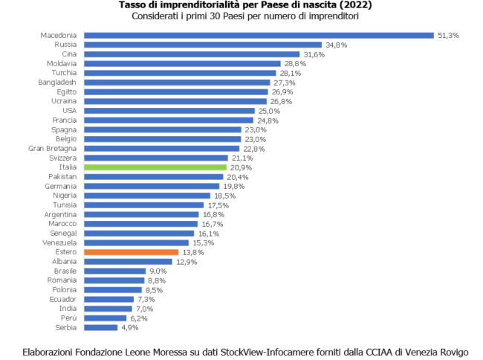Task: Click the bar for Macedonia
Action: tap(259, 35)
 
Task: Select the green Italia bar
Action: tap(155, 167)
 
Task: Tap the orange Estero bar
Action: tap(131, 252)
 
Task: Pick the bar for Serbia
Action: tap(100, 327)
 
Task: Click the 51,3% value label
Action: tap(448, 35)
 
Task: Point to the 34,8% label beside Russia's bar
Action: tap(337, 45)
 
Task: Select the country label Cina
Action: tap(69, 54)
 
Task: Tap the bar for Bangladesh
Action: tap(177, 83)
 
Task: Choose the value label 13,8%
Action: tap(192, 252)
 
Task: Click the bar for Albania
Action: tap(128, 262)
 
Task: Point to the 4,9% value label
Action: tap(129, 327)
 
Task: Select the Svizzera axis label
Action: tap(62, 158)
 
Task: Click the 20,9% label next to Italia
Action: tap(241, 167)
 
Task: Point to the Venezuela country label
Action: tap(59, 242)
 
